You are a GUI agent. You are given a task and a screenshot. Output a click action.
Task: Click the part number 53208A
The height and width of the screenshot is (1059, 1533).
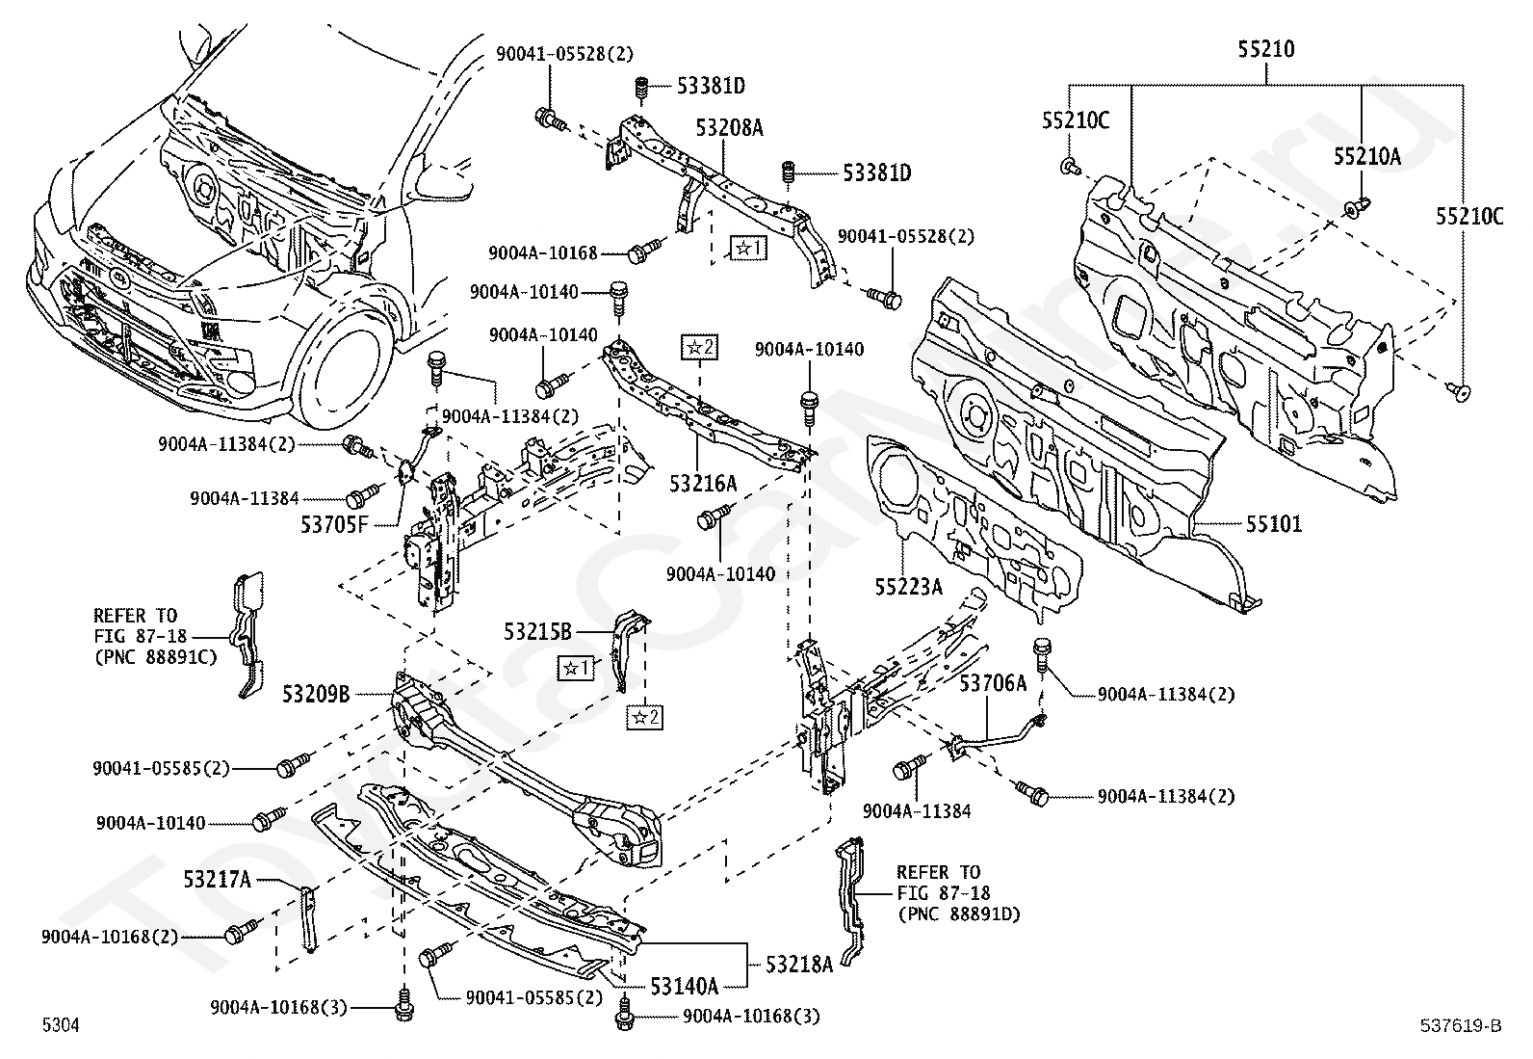pos(730,126)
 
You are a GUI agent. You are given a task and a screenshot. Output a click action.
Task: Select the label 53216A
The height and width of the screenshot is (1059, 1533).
pos(703,483)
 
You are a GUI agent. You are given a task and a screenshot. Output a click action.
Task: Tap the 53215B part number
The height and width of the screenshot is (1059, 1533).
pos(537,632)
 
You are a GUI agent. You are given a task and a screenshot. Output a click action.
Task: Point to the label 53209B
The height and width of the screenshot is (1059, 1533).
pos(316,693)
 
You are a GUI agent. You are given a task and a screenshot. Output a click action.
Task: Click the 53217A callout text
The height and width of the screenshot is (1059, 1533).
pos(218,879)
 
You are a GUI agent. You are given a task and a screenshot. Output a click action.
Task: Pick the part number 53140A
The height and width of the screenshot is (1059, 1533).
pos(684,986)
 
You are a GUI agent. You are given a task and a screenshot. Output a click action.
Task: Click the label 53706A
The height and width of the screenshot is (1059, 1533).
pos(994,683)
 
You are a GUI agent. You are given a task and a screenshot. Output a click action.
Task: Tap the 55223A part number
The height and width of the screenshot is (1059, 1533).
pos(908,585)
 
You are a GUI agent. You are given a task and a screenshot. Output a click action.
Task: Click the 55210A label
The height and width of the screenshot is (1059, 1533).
pos(1366,156)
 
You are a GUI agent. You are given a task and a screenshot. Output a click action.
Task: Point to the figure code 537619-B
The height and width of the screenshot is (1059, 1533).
pos(1460,1026)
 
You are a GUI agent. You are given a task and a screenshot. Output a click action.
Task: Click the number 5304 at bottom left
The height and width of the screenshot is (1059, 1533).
pos(61,1026)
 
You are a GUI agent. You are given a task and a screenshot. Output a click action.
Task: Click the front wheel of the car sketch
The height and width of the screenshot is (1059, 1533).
pos(347,366)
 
